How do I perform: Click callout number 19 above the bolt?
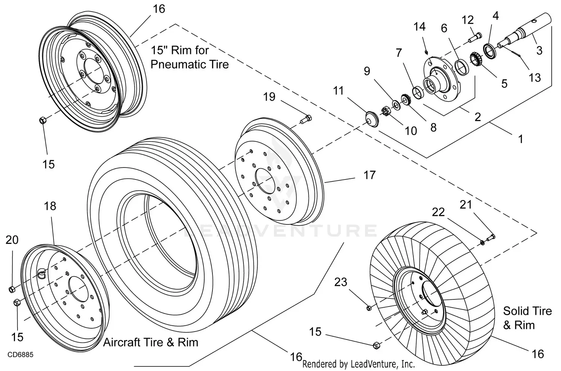[x=269, y=97]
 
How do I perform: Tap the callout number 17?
[x=370, y=175]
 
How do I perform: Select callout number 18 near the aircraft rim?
[x=50, y=206]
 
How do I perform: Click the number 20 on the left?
[x=12, y=240]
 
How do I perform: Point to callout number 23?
[x=341, y=282]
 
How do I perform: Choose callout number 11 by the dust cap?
[x=338, y=91]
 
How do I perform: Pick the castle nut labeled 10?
[x=386, y=112]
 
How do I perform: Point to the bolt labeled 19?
[x=306, y=120]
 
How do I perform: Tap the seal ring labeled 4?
[x=489, y=49]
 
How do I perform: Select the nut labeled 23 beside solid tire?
[x=368, y=308]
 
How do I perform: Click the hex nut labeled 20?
[x=12, y=289]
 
